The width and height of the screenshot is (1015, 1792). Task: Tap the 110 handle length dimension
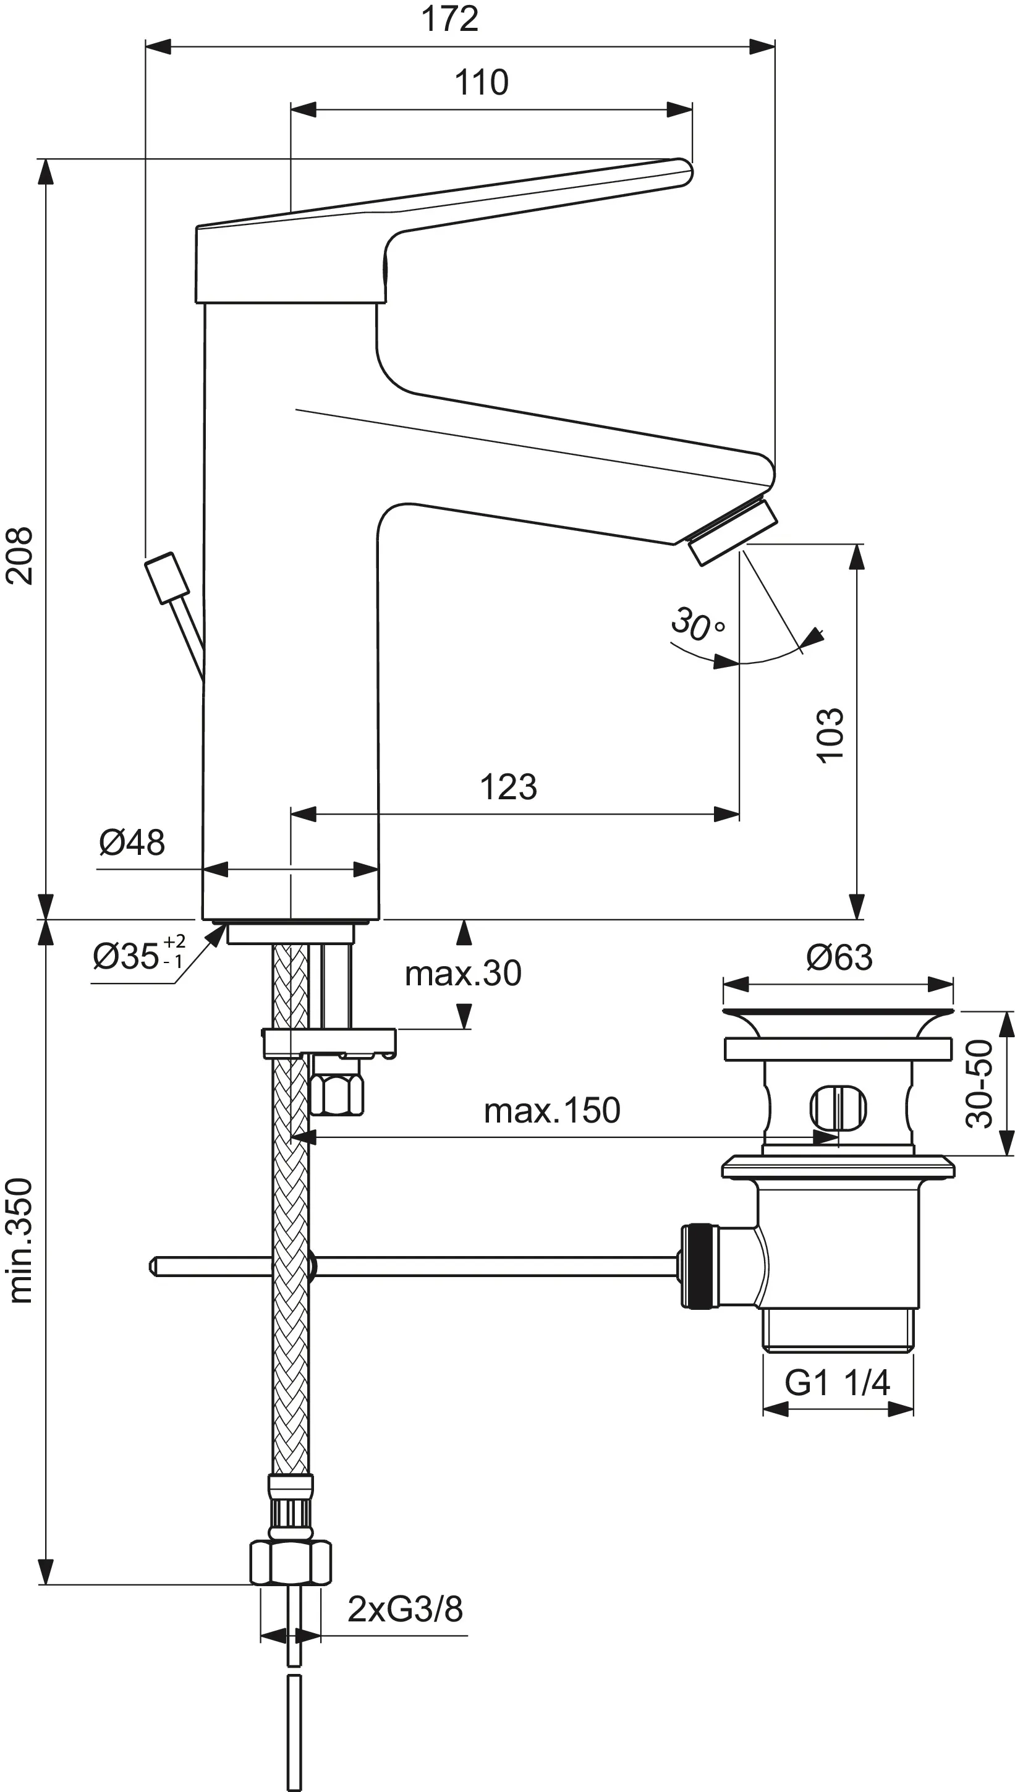481,82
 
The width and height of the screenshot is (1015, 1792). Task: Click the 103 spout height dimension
830,736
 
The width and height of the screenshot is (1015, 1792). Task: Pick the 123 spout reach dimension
508,787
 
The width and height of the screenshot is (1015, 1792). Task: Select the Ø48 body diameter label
132,843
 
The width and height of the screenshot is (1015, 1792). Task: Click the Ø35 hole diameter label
138,956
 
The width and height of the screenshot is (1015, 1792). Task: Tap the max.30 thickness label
463,973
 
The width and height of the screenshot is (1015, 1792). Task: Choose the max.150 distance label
551,1110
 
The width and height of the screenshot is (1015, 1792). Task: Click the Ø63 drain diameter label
839,958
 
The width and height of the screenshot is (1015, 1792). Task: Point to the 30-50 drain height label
979,1083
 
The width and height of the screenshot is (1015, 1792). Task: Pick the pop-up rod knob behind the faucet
168,577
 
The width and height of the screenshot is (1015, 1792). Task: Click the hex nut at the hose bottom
290,1563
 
